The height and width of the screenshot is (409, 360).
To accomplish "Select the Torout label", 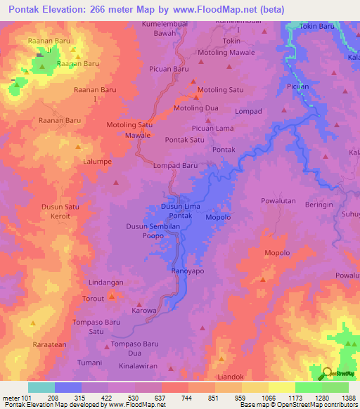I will pos(94,298).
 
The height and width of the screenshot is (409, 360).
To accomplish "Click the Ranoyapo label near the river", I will pos(188,271).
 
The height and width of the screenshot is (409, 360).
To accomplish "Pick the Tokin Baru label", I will pos(317,26).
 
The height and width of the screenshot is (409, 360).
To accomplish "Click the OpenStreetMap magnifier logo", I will pos(327,374).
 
